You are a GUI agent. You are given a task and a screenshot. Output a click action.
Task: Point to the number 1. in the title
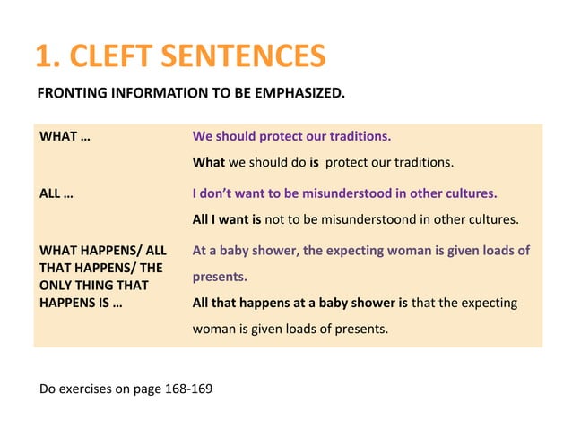[48, 57]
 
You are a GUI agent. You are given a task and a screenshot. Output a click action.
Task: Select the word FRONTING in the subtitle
[71, 92]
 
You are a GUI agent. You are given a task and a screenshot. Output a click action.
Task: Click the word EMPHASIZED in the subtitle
[298, 92]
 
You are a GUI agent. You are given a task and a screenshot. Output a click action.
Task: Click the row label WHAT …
[65, 137]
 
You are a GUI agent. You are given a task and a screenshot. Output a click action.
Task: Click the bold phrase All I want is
[227, 219]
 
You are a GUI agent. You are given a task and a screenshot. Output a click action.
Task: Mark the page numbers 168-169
[187, 389]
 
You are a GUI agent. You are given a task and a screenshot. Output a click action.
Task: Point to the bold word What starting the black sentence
[209, 163]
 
